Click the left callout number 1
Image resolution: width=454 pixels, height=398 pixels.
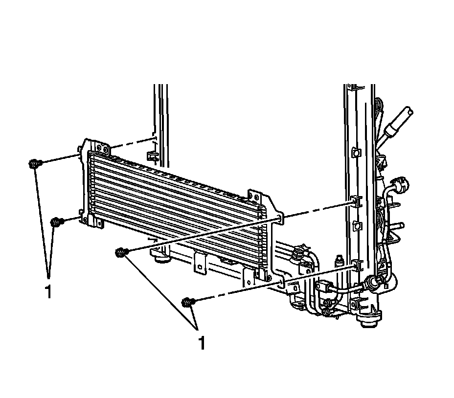click(48, 291)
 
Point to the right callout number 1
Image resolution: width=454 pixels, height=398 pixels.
click(202, 343)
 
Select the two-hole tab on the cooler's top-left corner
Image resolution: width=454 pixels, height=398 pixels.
click(103, 149)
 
